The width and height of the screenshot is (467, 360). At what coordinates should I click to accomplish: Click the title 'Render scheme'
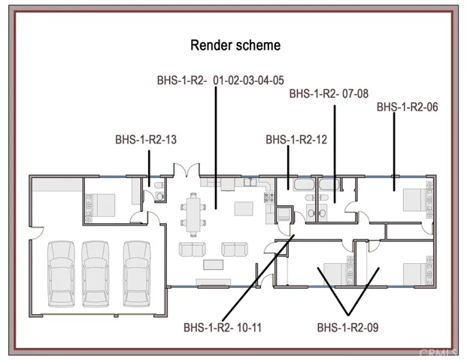(x=235, y=45)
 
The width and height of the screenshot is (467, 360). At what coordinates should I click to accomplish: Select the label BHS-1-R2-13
(x=146, y=140)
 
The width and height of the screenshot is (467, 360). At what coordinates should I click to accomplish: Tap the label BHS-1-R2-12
(x=296, y=140)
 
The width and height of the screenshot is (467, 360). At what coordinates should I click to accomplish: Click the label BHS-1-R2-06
(x=408, y=107)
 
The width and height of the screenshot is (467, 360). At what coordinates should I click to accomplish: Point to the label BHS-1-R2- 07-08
(x=329, y=94)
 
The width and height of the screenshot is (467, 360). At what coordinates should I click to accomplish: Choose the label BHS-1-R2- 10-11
(x=223, y=328)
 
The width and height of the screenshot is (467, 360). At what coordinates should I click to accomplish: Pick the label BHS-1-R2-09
(x=347, y=328)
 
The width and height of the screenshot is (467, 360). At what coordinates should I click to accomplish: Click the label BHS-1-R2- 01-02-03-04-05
(x=220, y=80)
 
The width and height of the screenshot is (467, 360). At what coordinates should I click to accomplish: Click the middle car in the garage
(x=96, y=274)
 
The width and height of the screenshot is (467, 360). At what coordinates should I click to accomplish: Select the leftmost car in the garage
(x=62, y=274)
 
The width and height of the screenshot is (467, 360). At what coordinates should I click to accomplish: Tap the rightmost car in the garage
(x=137, y=274)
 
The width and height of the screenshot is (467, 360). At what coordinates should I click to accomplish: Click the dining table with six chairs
(x=193, y=214)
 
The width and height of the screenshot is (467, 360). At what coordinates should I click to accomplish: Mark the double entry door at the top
(x=186, y=169)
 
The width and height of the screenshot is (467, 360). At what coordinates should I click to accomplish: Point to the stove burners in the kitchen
(x=269, y=197)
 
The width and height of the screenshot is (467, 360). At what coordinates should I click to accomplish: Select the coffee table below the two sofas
(x=214, y=265)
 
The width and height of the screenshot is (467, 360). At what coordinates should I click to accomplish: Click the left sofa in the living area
(x=193, y=250)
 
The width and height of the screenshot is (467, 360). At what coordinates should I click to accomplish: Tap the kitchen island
(x=244, y=208)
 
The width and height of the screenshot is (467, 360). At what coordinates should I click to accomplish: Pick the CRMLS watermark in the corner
(x=438, y=353)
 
